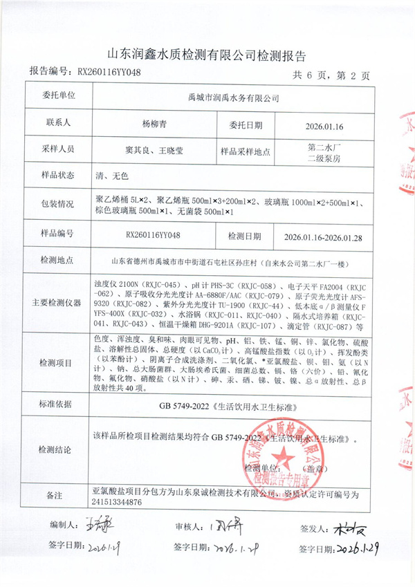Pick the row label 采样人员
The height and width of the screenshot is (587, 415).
click(x=60, y=149)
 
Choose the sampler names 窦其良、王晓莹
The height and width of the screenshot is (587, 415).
click(x=154, y=149)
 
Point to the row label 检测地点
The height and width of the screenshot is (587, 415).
click(x=60, y=262)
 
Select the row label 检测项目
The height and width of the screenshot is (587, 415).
click(x=60, y=362)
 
